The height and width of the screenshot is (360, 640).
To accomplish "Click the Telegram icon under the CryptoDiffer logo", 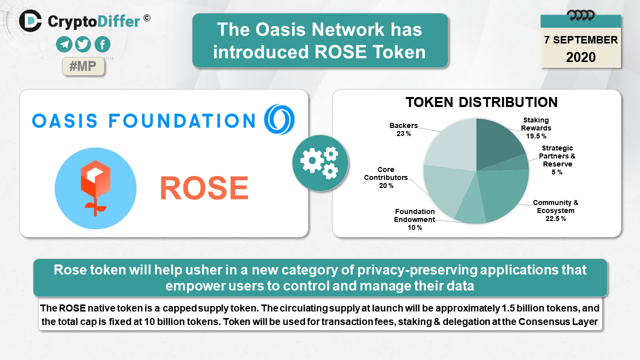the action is click(x=64, y=44).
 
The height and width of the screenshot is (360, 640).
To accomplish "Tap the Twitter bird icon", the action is click(x=83, y=44).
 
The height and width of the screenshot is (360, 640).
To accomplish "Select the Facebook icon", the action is click(x=102, y=44).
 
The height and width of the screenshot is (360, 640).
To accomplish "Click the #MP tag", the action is click(x=83, y=66).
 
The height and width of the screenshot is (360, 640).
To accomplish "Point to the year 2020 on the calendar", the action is click(x=581, y=57).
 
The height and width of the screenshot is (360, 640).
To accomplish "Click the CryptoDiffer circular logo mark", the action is click(x=30, y=20).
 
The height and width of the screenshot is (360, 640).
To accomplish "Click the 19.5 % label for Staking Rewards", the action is click(x=536, y=136).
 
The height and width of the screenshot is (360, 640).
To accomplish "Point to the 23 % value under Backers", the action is click(x=403, y=133).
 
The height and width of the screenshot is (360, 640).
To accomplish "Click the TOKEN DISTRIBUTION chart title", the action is click(x=481, y=102).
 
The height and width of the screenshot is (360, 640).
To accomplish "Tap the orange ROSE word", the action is click(x=204, y=187).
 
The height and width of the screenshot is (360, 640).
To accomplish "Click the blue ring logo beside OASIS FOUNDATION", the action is click(x=279, y=119).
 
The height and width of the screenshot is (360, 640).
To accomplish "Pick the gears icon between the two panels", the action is click(x=320, y=163).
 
